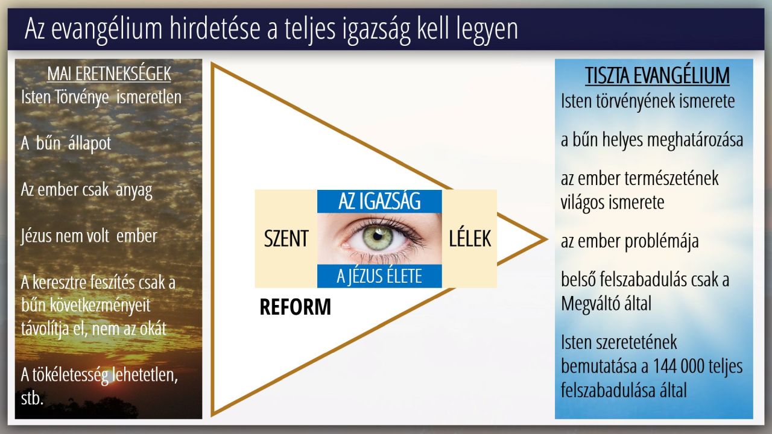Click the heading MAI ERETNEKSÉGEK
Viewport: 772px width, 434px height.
109,74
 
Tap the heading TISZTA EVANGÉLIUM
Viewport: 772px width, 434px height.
657,75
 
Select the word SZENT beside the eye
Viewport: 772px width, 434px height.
286,238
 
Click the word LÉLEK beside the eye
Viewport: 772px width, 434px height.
470,238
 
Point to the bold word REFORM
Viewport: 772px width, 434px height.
295,307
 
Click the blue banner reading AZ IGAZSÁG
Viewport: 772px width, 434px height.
379,201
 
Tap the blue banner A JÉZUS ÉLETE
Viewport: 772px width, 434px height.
379,276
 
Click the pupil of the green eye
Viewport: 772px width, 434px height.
378,236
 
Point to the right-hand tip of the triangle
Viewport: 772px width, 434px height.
547,239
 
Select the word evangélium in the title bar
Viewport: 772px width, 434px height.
107,29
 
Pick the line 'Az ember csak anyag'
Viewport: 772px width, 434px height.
86,190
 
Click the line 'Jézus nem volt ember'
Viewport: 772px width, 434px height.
89,236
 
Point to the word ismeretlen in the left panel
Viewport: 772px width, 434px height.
149,97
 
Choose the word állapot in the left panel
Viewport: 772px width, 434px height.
90,143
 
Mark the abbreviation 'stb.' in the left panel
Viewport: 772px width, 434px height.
32,398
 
